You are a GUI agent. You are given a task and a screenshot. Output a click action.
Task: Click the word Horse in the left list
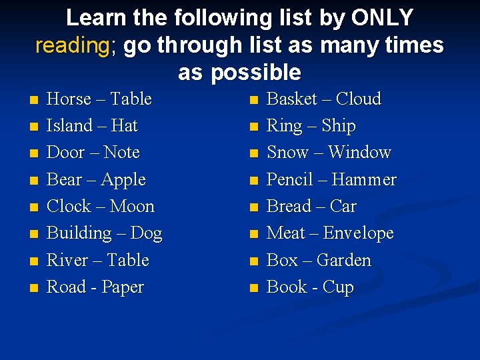click(x=69, y=99)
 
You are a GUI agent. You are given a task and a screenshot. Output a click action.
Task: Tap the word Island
click(x=69, y=126)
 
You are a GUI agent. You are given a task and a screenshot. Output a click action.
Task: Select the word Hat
click(x=124, y=126)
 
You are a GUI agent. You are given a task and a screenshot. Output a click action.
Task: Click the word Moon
click(x=131, y=207)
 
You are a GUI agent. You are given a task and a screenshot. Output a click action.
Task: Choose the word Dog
click(x=147, y=234)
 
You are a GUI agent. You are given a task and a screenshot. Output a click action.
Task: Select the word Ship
click(x=338, y=127)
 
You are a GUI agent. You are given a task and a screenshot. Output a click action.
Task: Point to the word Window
click(x=359, y=153)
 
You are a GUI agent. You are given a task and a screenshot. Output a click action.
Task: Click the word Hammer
click(x=363, y=180)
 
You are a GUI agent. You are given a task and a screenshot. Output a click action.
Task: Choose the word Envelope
click(x=358, y=234)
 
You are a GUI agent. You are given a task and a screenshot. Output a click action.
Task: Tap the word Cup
click(x=338, y=288)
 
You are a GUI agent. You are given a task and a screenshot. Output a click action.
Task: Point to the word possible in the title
click(x=255, y=72)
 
